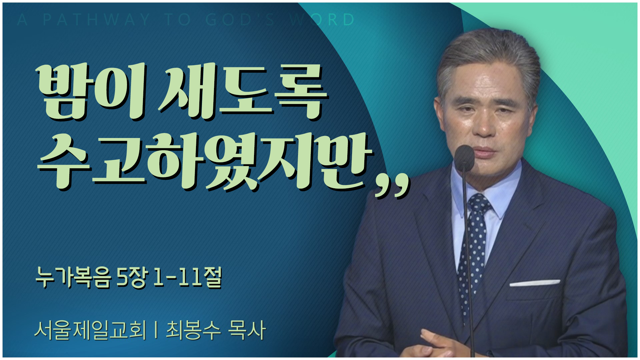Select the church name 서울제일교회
(90, 330)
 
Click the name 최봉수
(193, 330)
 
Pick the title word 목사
(247, 330)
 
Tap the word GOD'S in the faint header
(240, 20)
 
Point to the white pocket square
(535, 283)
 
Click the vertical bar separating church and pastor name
(156, 330)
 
